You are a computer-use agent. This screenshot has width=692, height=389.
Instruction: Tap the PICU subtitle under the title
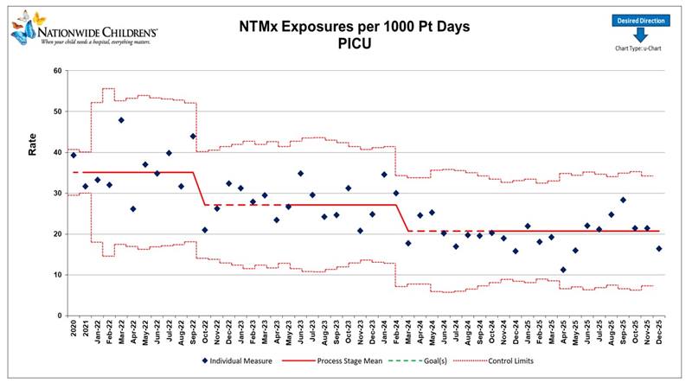354,43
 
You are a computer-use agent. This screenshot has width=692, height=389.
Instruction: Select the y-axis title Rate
32,144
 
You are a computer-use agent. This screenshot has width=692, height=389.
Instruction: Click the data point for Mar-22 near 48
121,120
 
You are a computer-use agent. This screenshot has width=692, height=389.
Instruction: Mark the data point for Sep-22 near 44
193,136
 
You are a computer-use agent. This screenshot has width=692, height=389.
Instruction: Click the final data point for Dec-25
659,249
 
